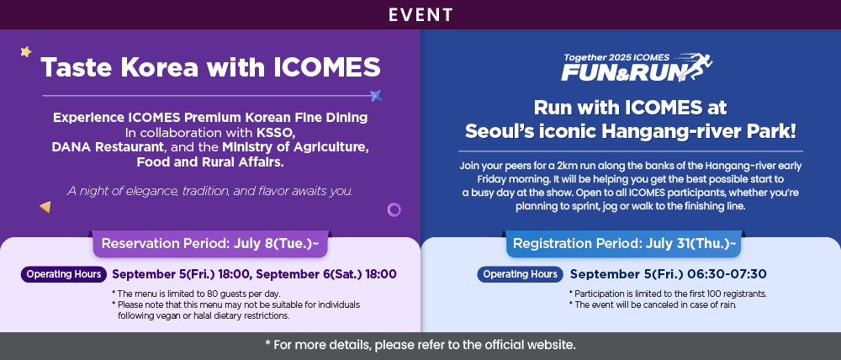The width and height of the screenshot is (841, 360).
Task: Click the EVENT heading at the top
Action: (420, 14)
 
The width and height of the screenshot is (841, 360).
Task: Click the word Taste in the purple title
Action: (77, 67)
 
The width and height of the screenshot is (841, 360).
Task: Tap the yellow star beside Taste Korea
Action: (26, 51)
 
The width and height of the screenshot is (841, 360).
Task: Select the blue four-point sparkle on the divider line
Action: (377, 96)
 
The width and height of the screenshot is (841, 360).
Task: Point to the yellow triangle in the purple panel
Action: (45, 207)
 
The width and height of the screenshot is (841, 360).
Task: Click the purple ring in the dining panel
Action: (394, 209)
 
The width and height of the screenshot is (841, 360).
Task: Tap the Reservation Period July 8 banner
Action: (210, 244)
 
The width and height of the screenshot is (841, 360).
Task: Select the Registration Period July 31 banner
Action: (624, 244)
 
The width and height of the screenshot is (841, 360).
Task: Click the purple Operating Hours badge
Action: (64, 274)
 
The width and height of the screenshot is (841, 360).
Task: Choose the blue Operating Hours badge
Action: (521, 274)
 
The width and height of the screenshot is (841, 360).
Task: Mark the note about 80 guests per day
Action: (196, 294)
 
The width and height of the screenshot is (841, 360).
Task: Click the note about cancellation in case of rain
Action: (653, 304)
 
